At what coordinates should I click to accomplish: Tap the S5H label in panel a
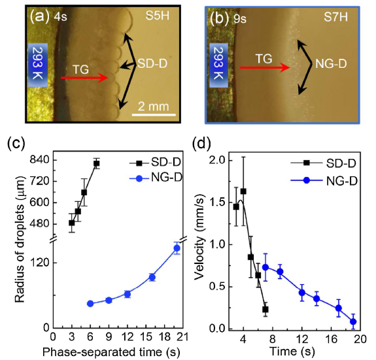[x=158, y=14]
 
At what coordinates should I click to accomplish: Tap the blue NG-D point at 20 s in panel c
[x=177, y=248]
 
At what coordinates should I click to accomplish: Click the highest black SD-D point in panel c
[x=96, y=163]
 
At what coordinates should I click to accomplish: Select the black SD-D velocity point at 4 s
[x=243, y=191]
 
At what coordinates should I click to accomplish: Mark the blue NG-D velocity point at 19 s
[x=353, y=321]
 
